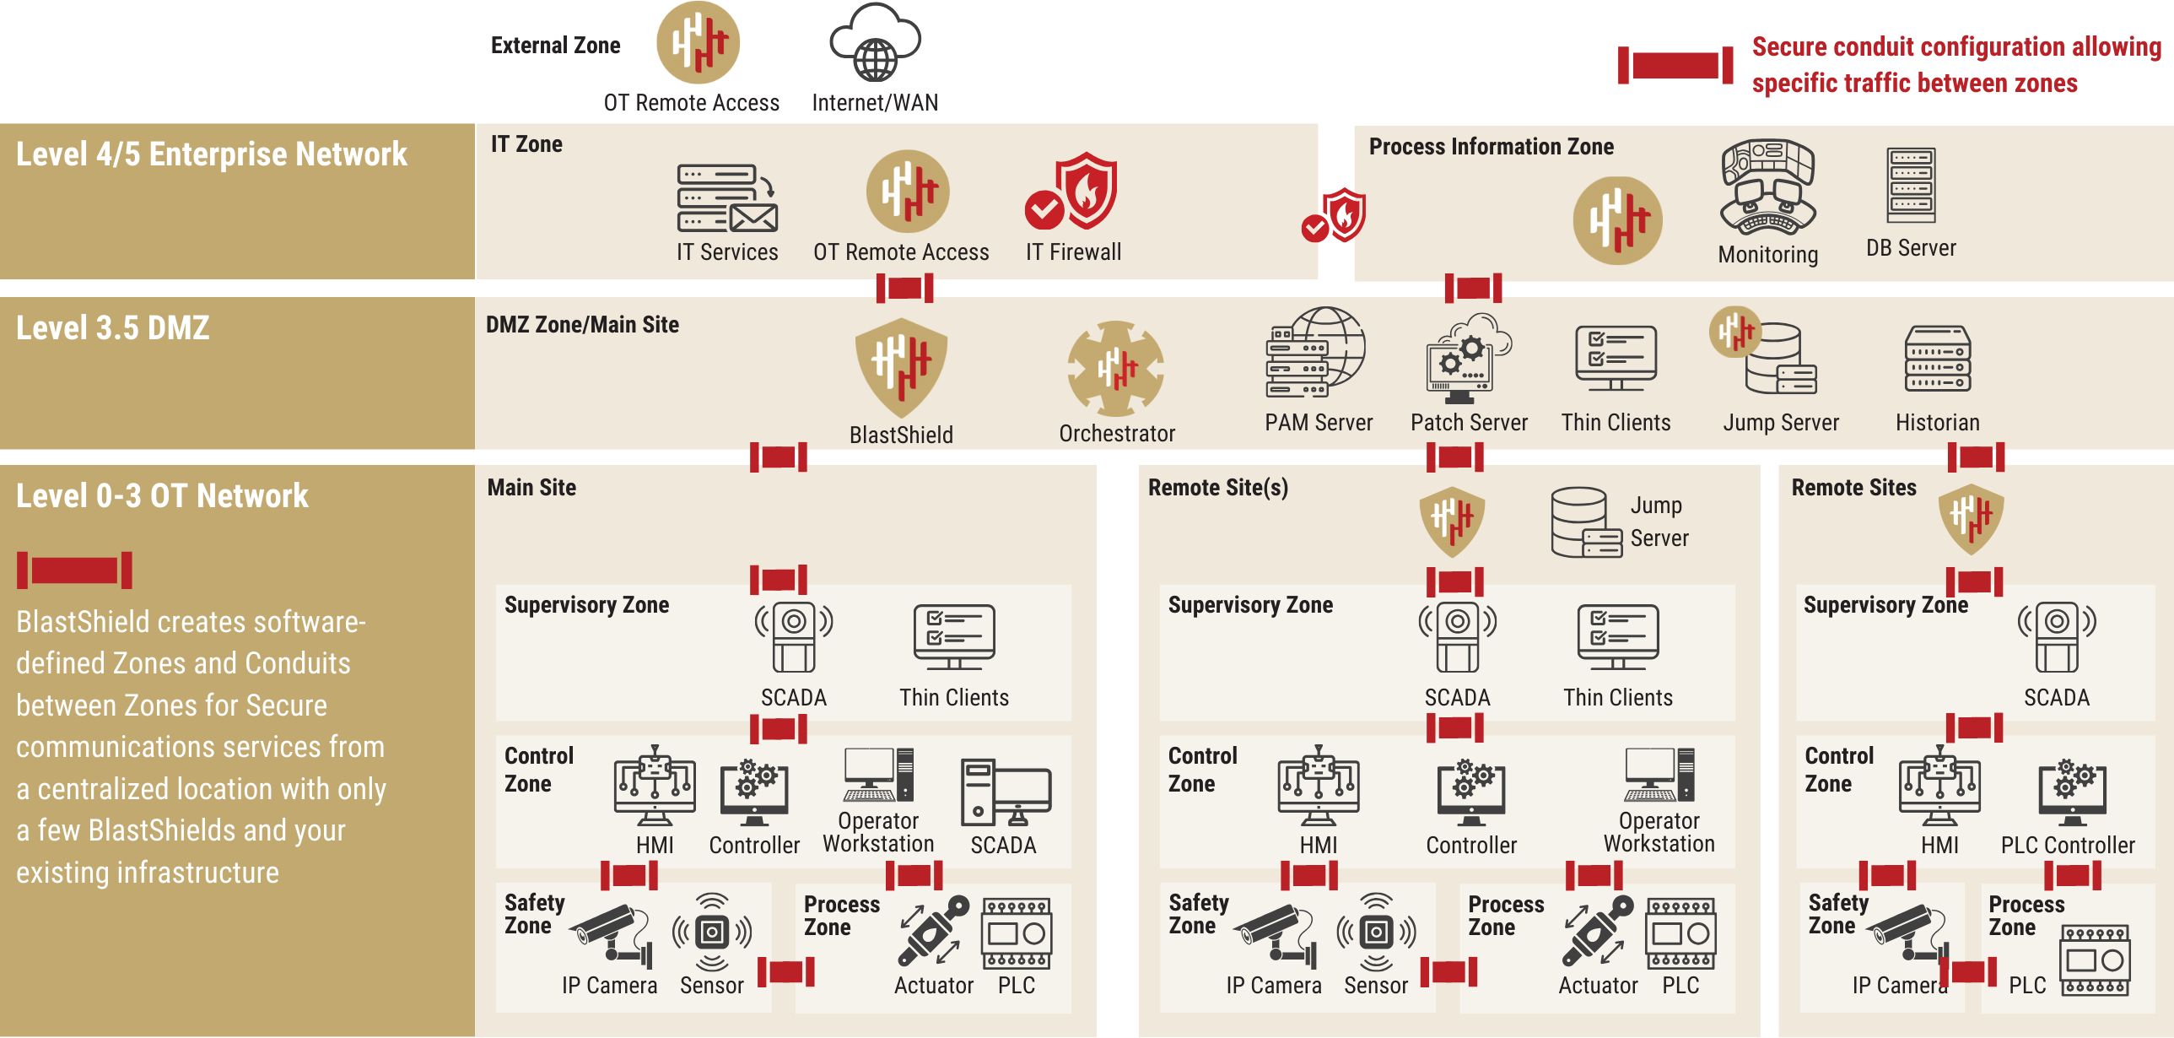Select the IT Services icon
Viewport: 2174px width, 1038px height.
pos(726,198)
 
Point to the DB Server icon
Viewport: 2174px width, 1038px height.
pos(1911,185)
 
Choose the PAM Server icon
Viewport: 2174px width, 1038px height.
pos(1316,353)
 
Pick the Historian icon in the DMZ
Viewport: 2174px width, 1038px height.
pos(1938,359)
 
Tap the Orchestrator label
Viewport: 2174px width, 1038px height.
pos(1117,434)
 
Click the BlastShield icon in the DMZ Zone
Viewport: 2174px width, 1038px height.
pos(901,365)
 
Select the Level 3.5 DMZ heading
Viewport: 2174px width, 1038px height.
pos(113,328)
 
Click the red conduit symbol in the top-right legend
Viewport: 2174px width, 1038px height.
pos(1675,66)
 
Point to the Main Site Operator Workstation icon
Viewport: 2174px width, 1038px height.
pos(877,775)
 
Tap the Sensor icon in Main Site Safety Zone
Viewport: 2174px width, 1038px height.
pos(711,933)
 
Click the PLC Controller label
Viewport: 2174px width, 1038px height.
pos(2067,845)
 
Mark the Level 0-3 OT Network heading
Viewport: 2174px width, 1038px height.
pos(162,496)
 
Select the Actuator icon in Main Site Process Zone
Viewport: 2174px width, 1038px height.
pos(932,932)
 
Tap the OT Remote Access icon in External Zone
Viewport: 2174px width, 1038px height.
pos(698,42)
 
